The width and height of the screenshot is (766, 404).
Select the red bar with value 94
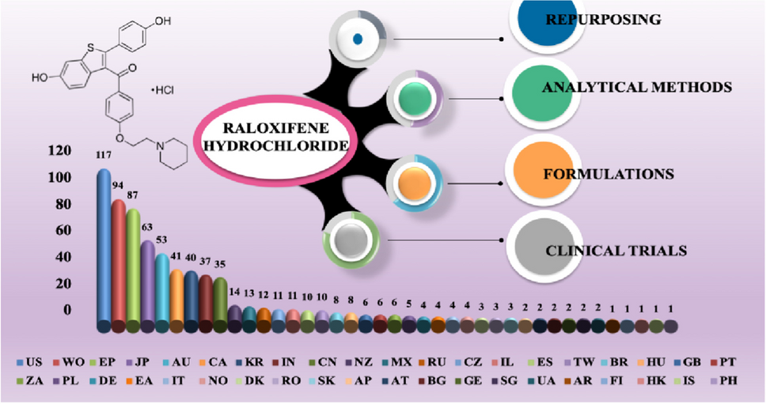click(x=119, y=265)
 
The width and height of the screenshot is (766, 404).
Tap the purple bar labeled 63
click(x=147, y=285)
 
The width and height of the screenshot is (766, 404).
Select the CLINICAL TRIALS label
click(x=616, y=251)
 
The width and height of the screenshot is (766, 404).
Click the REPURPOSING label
click(x=616, y=18)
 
